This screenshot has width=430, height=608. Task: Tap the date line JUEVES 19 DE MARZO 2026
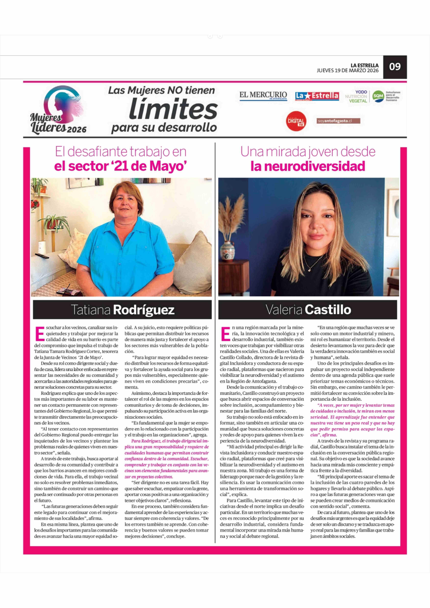click(x=348, y=71)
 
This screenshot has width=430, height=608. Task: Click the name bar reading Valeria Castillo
click(x=308, y=309)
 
